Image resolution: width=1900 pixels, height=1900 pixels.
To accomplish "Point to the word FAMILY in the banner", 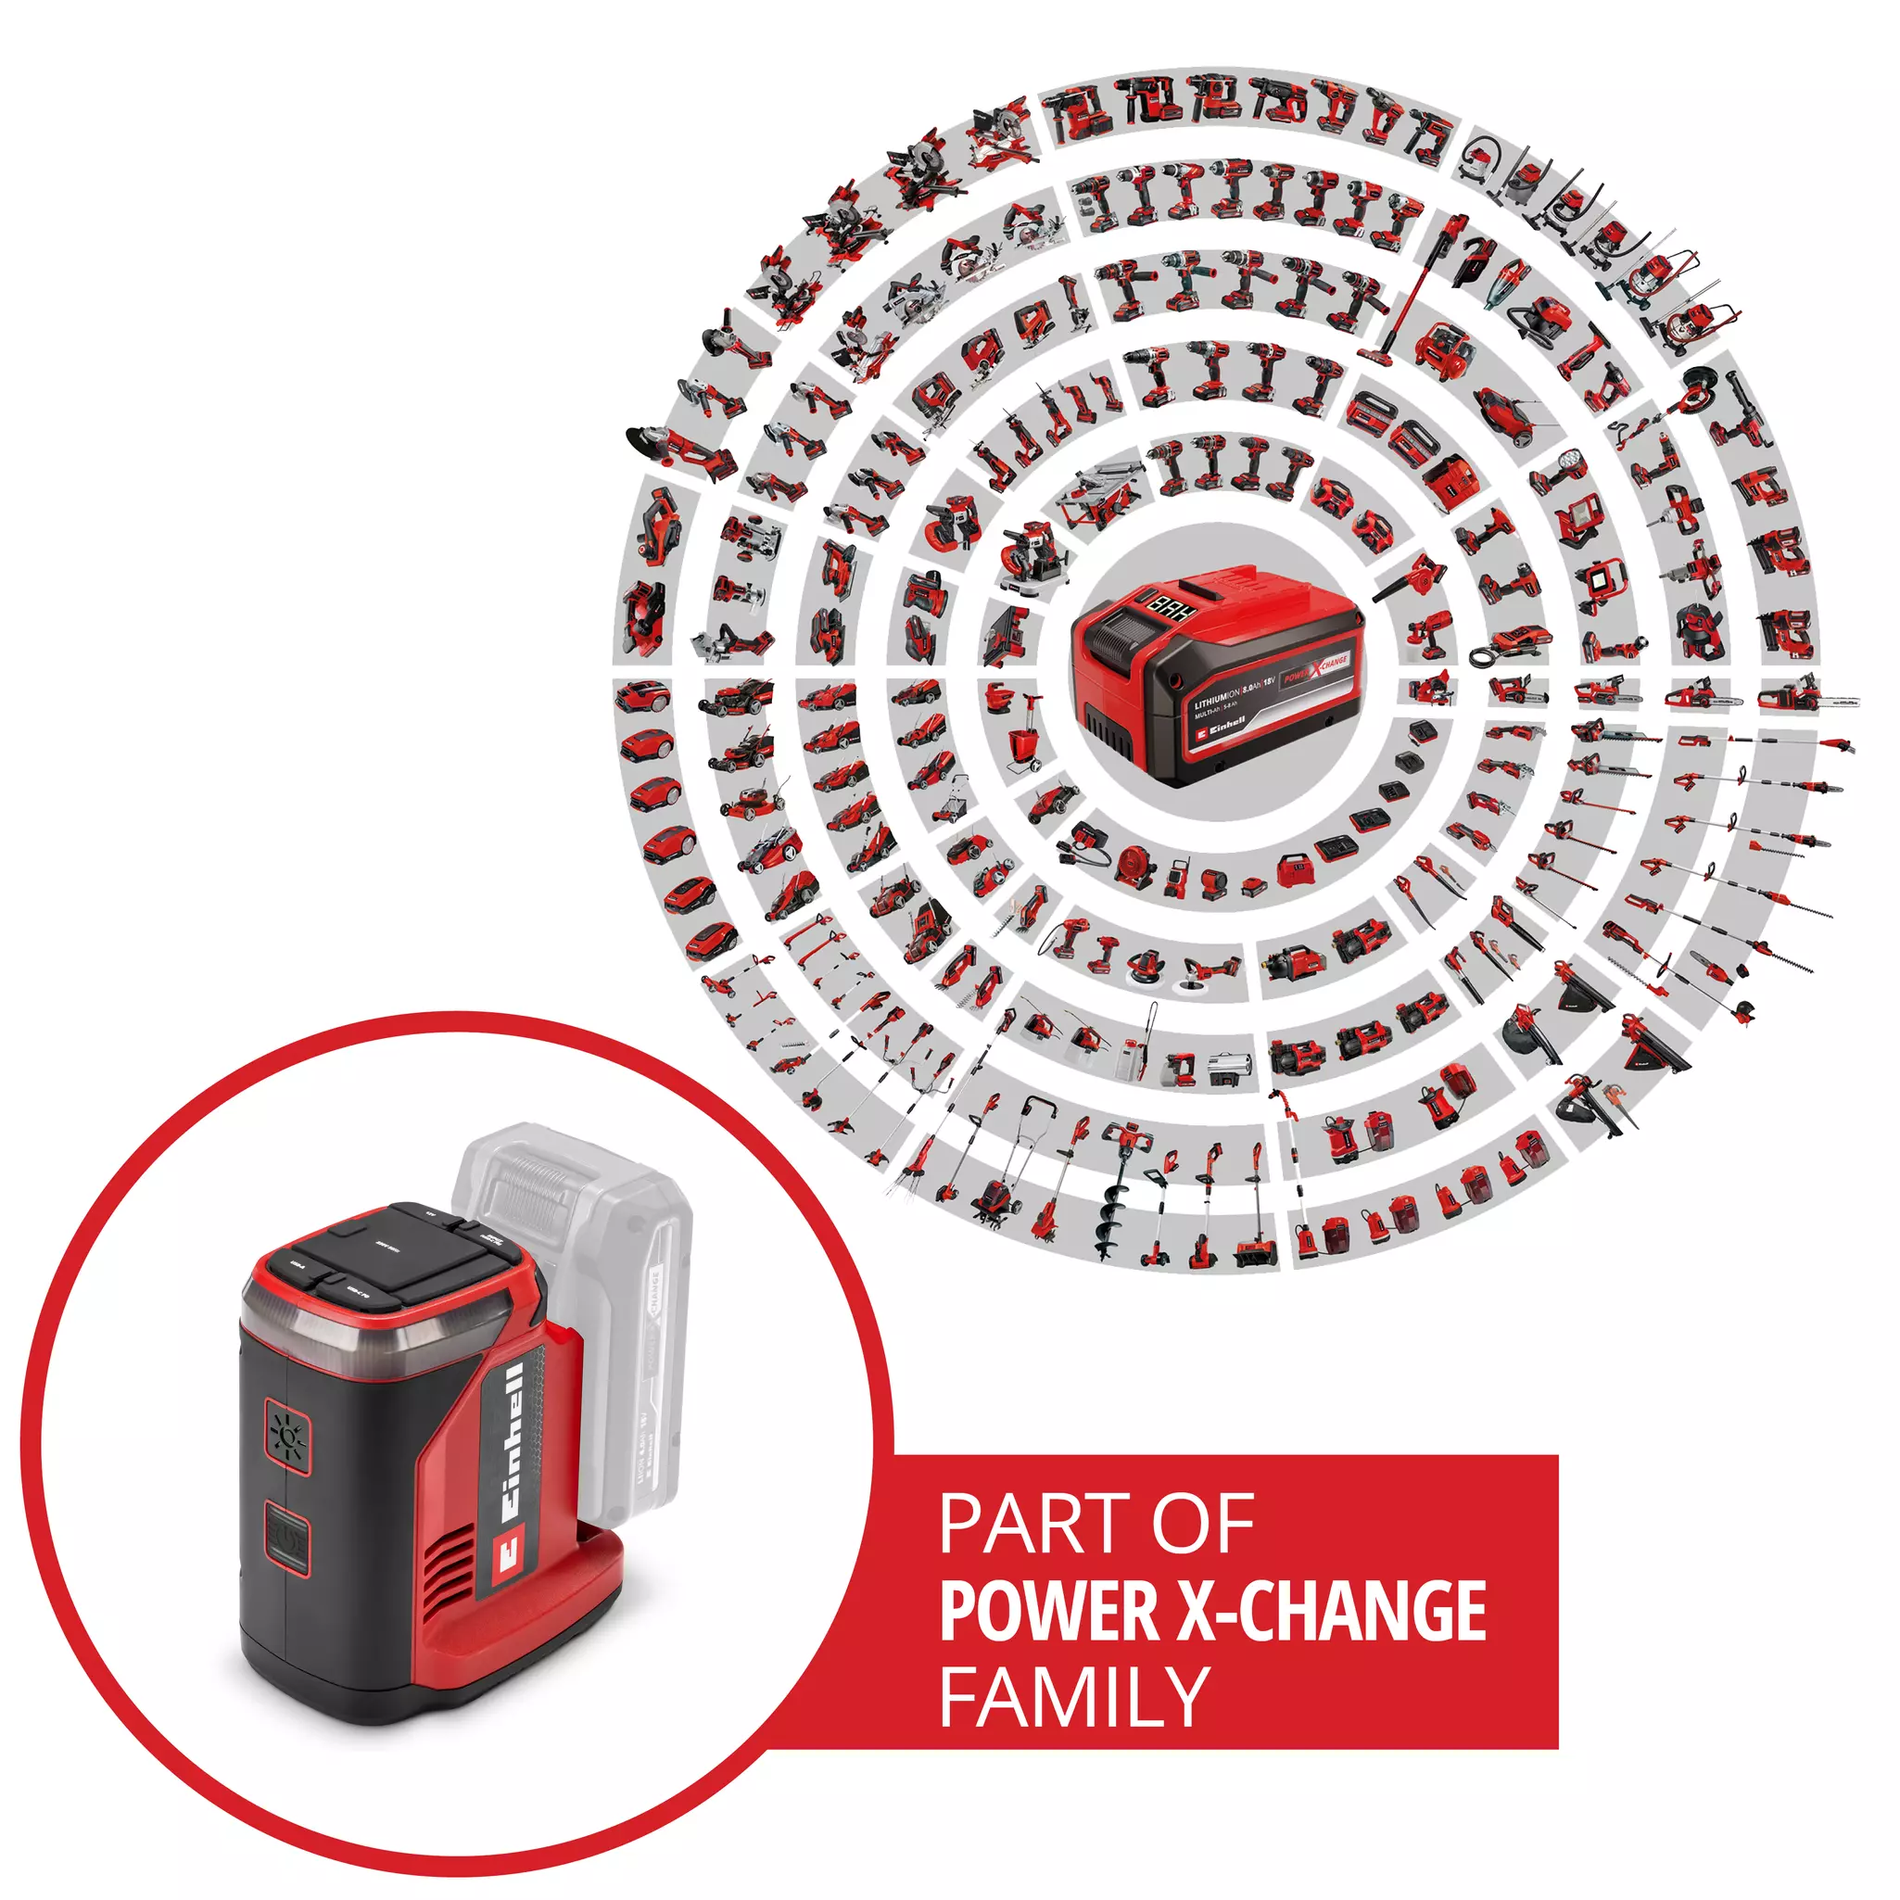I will click(x=1074, y=1695).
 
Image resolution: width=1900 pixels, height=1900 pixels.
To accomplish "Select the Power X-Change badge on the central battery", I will click(x=1316, y=670).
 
